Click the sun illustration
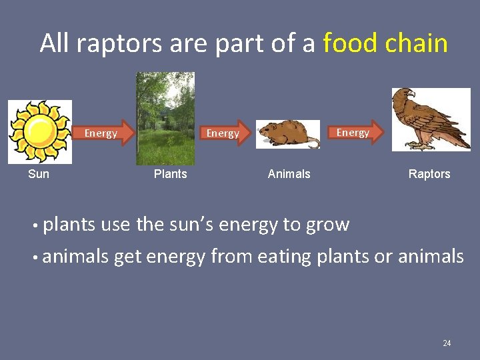[x=39, y=131]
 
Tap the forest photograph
[x=165, y=119]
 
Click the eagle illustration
[x=430, y=120]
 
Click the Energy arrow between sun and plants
[x=103, y=133]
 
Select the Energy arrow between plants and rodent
[x=225, y=133]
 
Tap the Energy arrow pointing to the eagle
[x=355, y=133]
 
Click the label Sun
[x=39, y=174]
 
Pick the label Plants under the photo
[x=170, y=174]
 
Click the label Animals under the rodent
[x=289, y=174]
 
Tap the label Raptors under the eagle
[x=429, y=174]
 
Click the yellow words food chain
[x=385, y=43]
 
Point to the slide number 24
[x=447, y=343]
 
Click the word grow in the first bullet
[x=327, y=225]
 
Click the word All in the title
[x=55, y=43]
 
